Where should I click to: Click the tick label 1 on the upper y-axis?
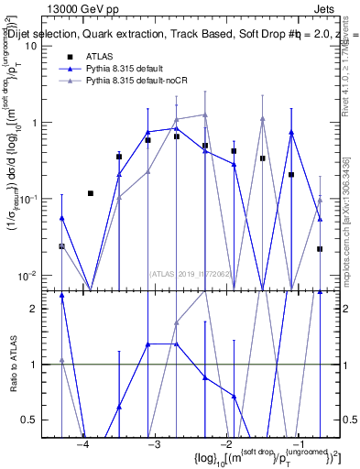pyautogui.click(x=41, y=123)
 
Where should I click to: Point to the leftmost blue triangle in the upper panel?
pyautogui.click(x=61, y=218)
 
